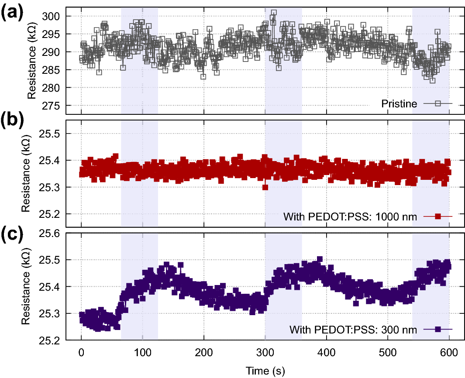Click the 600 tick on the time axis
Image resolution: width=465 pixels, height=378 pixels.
tap(449, 352)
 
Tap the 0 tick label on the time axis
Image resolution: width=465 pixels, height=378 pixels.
tap(81, 352)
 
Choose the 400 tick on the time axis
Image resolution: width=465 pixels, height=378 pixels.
tap(327, 352)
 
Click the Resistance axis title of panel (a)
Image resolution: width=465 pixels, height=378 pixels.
tap(31, 61)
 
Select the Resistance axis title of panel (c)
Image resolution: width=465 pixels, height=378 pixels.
tap(26, 286)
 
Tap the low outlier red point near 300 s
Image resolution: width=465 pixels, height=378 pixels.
tap(265, 187)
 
